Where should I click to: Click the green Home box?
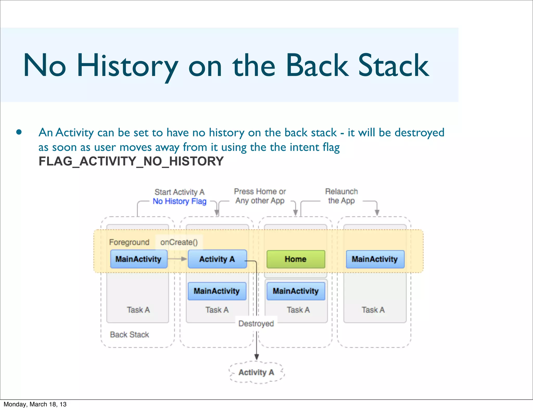296,259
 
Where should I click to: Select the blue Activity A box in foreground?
217,259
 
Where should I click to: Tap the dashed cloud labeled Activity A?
256,372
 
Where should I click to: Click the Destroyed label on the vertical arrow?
256,323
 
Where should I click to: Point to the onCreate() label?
179,242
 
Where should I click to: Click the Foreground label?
129,242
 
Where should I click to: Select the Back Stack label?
129,335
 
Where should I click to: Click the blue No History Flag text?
180,201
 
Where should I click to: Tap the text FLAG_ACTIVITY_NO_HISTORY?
131,161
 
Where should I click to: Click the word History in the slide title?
127,66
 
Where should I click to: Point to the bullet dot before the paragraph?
19,132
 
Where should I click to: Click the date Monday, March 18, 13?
35,404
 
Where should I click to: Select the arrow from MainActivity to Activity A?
177,259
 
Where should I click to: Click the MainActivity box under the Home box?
296,291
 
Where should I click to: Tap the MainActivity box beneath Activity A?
217,291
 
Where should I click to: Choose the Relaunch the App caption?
341,196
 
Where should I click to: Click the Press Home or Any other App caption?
260,196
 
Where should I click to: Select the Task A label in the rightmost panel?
373,310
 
